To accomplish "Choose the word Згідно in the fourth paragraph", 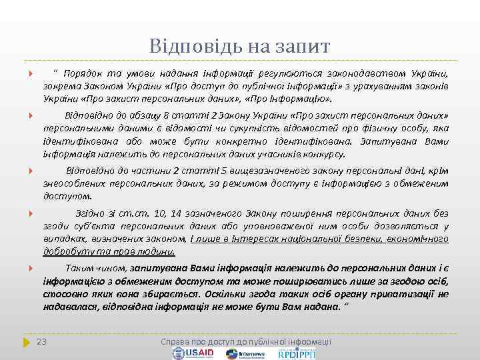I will pyautogui.click(x=93, y=214).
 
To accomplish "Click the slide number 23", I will pyautogui.click(x=41, y=341).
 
